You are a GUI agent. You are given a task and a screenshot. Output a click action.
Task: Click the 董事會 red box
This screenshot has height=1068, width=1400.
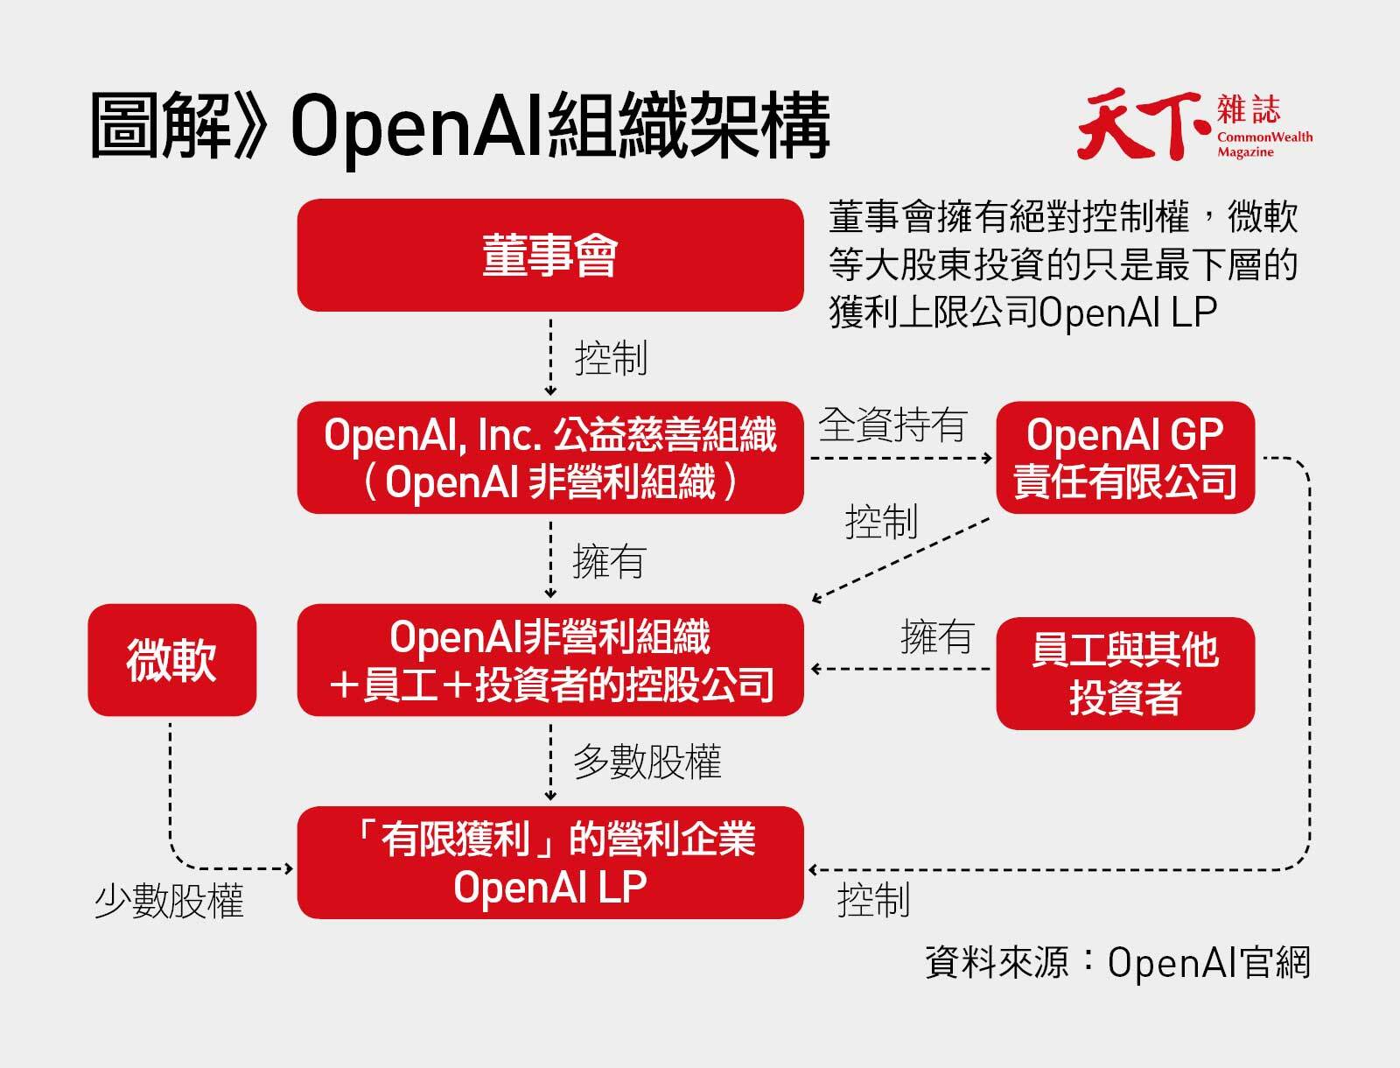click(x=549, y=256)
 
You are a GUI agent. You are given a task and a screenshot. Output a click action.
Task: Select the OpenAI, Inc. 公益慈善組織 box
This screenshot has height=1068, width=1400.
click(x=549, y=458)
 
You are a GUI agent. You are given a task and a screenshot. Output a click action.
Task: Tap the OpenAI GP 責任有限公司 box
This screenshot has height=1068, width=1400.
click(x=1125, y=458)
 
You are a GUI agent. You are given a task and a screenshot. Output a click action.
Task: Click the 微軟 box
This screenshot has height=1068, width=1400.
click(x=171, y=660)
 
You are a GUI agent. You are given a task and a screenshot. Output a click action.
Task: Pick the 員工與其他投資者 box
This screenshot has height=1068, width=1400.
click(x=1125, y=673)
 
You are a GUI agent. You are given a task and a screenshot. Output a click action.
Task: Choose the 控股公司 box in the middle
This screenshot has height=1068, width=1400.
click(x=549, y=660)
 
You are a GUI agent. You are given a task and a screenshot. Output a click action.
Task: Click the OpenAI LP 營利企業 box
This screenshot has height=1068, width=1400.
click(x=549, y=862)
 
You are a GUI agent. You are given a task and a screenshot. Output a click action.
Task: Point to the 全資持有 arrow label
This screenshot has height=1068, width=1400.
click(x=892, y=425)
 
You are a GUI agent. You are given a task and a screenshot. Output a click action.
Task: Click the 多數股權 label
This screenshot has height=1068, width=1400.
click(x=647, y=762)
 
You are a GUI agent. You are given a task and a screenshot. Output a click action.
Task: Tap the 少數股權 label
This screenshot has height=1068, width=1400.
click(x=169, y=901)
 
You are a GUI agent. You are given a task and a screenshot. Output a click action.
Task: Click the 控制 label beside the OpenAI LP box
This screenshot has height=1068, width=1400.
click(x=873, y=900)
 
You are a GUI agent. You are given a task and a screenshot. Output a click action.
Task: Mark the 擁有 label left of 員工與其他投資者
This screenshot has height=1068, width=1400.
click(x=936, y=636)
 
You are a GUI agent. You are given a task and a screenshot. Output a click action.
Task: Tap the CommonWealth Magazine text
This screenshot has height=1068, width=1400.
click(x=1263, y=144)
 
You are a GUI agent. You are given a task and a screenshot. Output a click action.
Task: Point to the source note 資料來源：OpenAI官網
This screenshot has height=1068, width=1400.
click(x=1117, y=962)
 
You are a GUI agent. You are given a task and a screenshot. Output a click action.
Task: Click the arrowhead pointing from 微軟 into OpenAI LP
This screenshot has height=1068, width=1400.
click(x=288, y=869)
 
